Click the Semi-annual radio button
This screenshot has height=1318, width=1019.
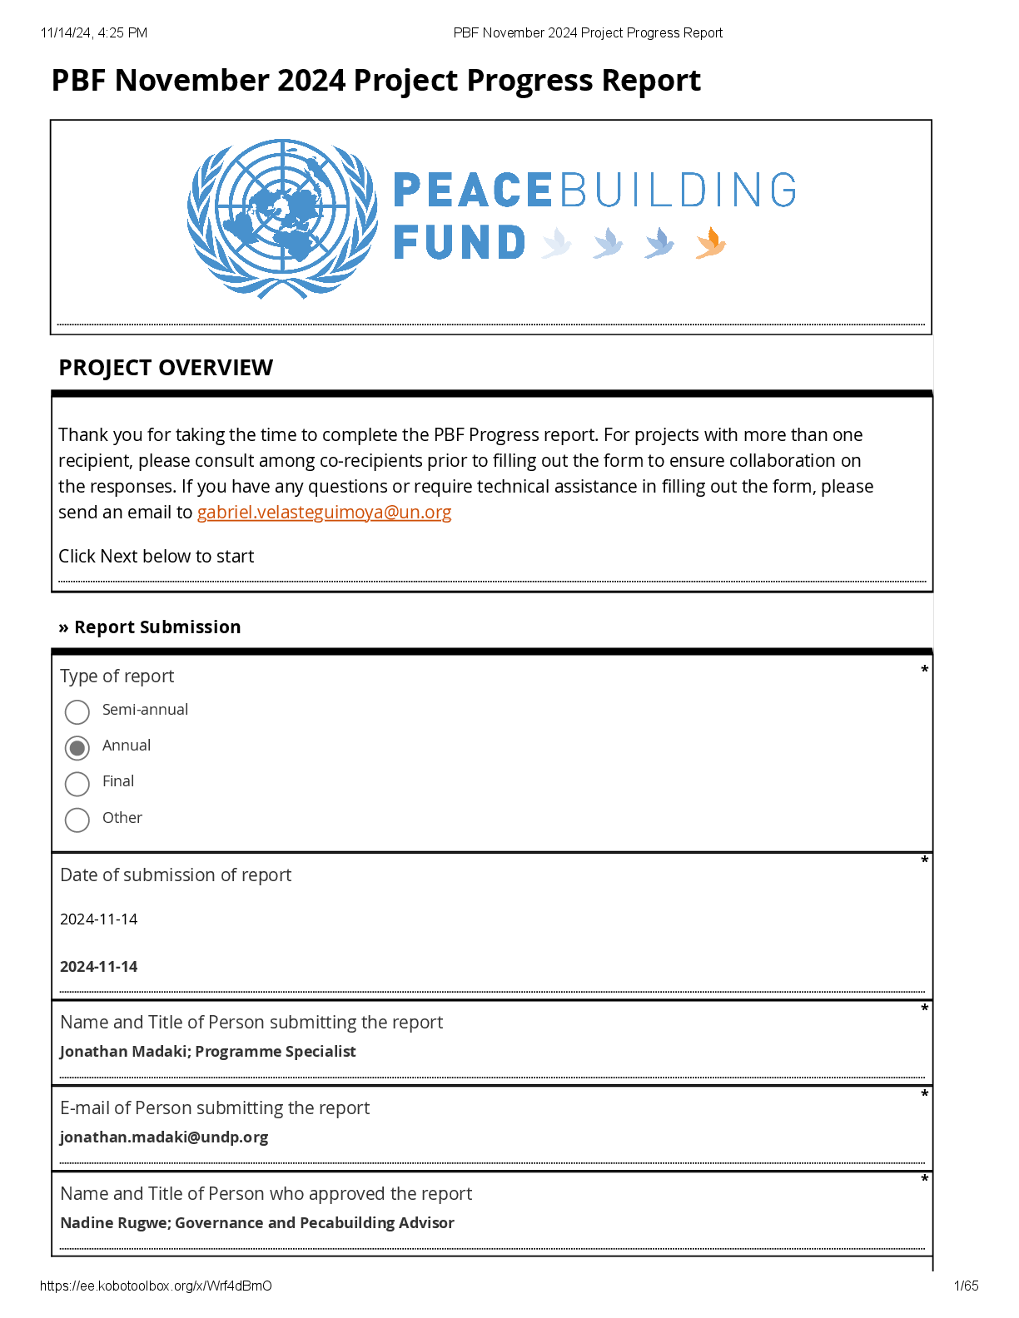coord(77,712)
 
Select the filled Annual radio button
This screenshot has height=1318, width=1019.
coord(77,748)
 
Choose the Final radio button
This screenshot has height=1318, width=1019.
coord(77,784)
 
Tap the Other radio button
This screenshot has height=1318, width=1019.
coord(77,820)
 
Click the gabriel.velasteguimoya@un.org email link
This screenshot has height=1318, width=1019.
coord(324,513)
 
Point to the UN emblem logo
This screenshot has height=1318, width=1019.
coord(282,219)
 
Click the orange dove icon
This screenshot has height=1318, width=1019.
coord(710,243)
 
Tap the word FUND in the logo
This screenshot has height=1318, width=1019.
coord(459,243)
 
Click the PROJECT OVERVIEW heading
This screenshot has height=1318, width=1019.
coord(166,368)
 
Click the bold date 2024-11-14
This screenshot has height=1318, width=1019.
coord(99,967)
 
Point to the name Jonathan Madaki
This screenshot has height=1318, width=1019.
coord(123,1052)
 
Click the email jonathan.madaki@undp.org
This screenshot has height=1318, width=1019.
coord(164,1137)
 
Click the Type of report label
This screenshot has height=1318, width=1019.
coord(117,676)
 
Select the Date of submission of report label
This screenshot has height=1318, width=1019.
coord(176,875)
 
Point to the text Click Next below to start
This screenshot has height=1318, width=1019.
coord(157,557)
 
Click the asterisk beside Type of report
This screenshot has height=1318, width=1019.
coord(924,671)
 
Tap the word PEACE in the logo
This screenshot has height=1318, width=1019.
coord(472,191)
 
